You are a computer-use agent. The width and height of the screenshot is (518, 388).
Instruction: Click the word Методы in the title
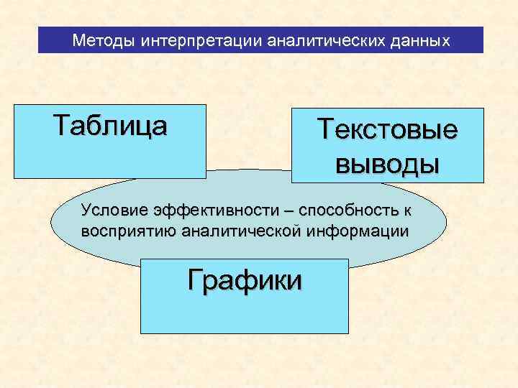pos(104,41)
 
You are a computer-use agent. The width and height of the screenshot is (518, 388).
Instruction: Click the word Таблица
pos(110,125)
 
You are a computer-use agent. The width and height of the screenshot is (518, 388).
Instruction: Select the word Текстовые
pos(388,130)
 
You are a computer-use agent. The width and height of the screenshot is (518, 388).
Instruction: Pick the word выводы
pos(388,164)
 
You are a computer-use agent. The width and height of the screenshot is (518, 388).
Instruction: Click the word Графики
pos(245,280)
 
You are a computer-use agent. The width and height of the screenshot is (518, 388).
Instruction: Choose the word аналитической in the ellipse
pos(237,232)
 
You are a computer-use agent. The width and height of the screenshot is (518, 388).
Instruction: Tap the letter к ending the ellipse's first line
pos(407,210)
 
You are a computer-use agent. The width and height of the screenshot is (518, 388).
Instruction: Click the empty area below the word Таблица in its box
pos(110,158)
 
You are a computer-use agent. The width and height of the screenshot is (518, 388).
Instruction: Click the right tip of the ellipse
pos(445,222)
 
